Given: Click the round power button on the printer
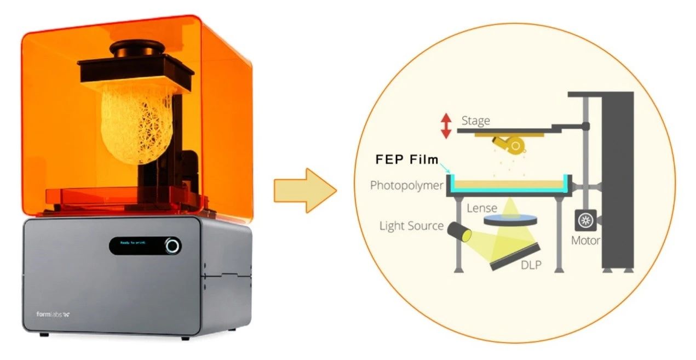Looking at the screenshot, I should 172,245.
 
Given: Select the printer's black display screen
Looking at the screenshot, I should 139,245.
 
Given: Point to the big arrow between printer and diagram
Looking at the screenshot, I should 304,190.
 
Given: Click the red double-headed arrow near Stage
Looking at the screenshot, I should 446,125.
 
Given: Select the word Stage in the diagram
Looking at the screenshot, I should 475,120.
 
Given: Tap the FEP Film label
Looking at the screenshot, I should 407,159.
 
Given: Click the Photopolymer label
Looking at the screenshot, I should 406,185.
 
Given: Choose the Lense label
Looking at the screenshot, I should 482,208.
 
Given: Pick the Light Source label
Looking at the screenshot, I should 411,226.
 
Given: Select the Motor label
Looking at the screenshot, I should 585,241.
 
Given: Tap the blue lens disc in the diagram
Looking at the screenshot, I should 510,220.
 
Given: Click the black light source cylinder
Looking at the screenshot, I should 459,232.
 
